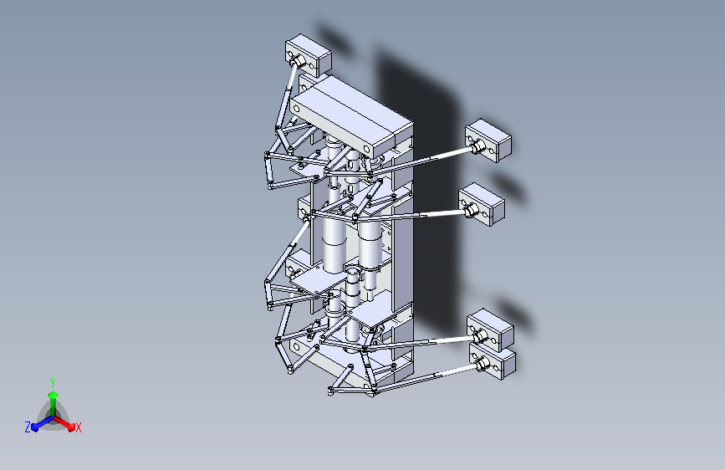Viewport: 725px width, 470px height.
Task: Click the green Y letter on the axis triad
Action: pos(52,381)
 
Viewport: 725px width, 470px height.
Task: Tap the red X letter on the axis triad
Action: pos(78,427)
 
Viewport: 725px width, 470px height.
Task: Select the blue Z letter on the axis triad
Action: pos(28,427)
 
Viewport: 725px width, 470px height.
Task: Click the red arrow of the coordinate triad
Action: pos(66,422)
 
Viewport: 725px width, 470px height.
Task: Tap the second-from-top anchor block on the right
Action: pos(483,203)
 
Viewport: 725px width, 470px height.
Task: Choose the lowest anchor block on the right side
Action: pos(494,364)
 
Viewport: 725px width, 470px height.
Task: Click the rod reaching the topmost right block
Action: pos(426,159)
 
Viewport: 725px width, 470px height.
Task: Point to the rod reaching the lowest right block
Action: pos(426,375)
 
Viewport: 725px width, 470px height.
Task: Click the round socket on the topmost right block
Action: pos(479,147)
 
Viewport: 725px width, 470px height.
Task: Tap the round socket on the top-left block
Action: pos(297,60)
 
